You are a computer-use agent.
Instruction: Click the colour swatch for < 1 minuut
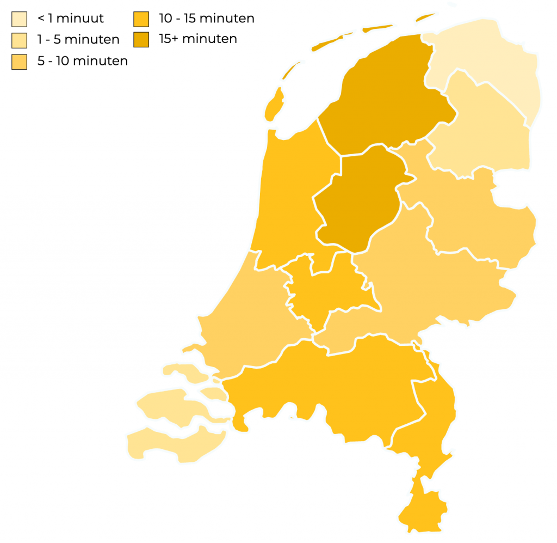click(19, 19)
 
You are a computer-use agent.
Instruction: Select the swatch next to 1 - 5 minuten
click(19, 40)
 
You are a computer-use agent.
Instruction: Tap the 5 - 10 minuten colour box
click(19, 62)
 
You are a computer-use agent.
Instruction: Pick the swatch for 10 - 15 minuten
click(141, 19)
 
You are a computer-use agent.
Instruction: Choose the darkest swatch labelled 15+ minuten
click(141, 40)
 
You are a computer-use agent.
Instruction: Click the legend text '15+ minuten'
click(197, 39)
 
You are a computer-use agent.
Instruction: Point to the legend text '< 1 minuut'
click(70, 19)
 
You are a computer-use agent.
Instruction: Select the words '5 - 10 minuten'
click(82, 61)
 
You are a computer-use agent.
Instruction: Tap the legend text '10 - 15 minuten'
click(207, 19)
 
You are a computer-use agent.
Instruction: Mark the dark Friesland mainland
click(386, 98)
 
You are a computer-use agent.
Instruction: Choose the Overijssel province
click(473, 218)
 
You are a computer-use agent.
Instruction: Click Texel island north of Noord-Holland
click(274, 106)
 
